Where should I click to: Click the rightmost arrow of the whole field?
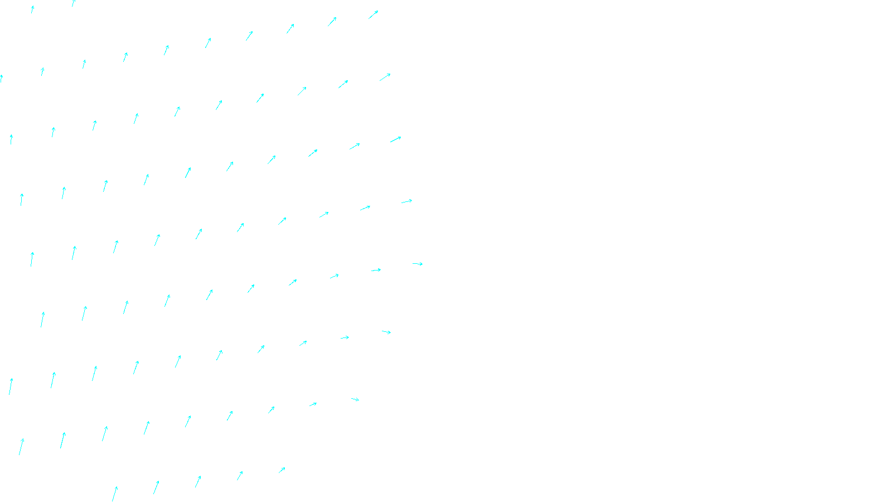(x=418, y=264)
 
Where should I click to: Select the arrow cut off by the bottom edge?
(x=115, y=494)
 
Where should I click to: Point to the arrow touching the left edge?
(x=1, y=78)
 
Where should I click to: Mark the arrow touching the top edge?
(x=73, y=3)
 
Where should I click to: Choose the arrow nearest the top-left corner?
(x=32, y=9)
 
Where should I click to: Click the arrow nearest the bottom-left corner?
(x=21, y=446)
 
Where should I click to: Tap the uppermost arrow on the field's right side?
(x=374, y=15)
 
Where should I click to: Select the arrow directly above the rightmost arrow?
(x=407, y=201)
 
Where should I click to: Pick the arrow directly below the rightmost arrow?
(x=386, y=332)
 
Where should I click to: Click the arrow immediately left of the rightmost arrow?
(x=376, y=270)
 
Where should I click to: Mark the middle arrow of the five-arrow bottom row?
(x=198, y=481)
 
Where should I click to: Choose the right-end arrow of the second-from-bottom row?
(x=355, y=399)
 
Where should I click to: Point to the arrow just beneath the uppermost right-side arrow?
(x=385, y=77)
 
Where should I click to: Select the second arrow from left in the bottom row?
(x=156, y=487)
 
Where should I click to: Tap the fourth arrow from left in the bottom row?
(x=240, y=475)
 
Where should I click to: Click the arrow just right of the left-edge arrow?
(x=42, y=71)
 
